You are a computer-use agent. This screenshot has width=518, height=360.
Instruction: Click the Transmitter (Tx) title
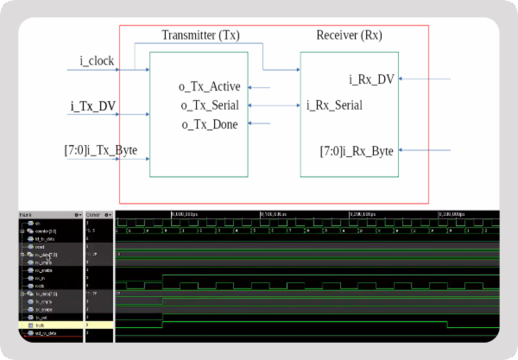(x=200, y=36)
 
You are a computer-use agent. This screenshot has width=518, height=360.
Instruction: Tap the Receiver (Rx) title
(x=349, y=36)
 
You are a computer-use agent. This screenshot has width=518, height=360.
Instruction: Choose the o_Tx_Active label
(x=210, y=86)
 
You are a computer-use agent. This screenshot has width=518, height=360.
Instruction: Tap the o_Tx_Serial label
(x=210, y=105)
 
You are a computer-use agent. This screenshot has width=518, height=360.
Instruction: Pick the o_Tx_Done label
(x=210, y=124)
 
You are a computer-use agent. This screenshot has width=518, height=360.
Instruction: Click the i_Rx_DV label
(x=371, y=79)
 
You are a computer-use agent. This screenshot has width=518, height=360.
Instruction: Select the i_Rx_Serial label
(x=334, y=105)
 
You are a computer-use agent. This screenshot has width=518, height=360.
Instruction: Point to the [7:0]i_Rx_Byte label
(x=358, y=151)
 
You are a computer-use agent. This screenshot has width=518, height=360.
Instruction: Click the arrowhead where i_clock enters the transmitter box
(x=146, y=69)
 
